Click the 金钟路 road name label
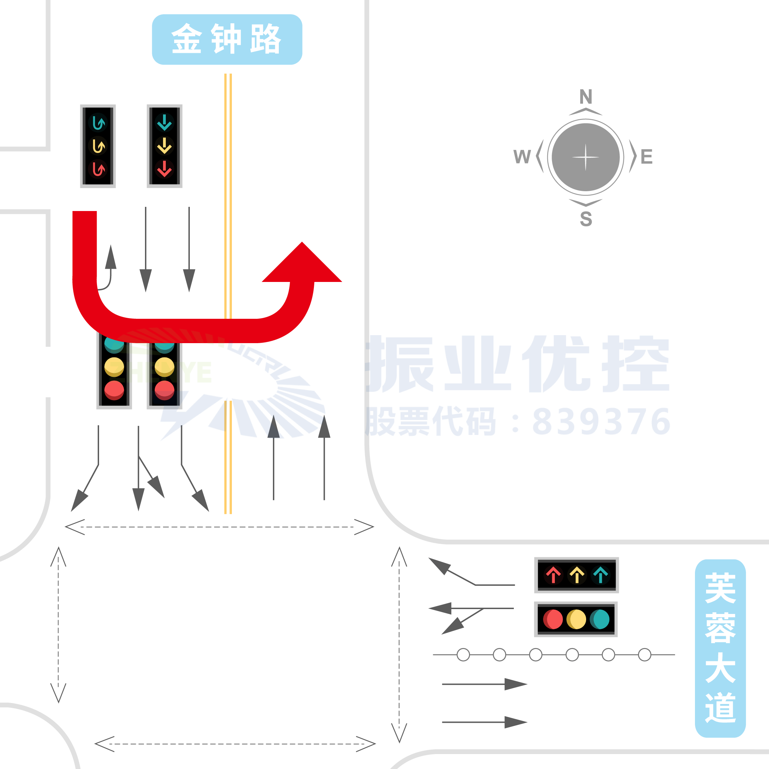227,39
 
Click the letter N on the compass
585,96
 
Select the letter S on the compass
585,219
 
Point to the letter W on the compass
522,157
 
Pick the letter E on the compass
646,157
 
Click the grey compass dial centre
585,157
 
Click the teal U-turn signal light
98,123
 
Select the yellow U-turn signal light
98,146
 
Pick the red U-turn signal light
98,169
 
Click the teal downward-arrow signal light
164,123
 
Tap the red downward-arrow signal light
164,169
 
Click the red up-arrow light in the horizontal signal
553,575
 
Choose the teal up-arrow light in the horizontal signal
600,575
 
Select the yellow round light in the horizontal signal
576,620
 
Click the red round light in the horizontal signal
553,620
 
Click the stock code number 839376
601,421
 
